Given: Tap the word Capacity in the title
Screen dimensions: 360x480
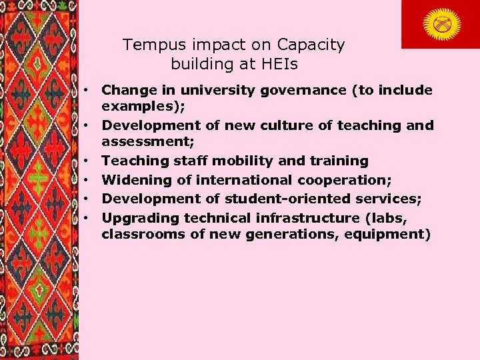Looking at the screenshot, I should (312, 45).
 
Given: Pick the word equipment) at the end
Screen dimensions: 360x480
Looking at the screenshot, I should (392, 235).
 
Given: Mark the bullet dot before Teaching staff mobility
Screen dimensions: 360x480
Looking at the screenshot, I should (87, 161).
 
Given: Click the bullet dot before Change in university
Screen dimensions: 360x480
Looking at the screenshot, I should (87, 90).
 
